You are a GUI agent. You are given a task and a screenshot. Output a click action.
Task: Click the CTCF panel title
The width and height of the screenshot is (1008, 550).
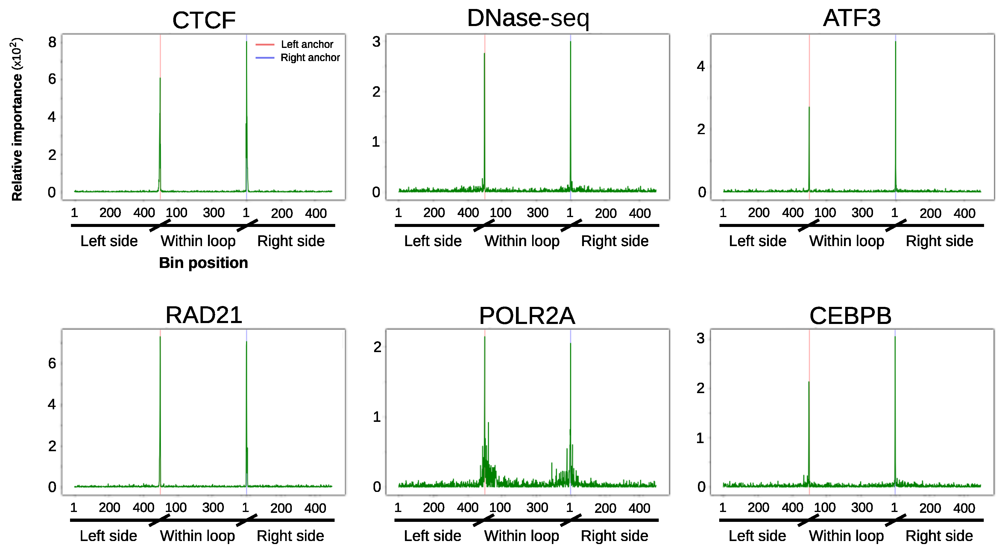coord(204,20)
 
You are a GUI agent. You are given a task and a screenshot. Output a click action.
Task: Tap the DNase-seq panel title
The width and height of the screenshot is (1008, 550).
coord(528,18)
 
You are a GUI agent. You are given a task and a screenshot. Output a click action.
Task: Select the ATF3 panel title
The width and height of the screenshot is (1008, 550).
coord(851,18)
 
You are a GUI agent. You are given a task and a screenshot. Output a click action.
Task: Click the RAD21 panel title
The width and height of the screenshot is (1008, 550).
coord(204,315)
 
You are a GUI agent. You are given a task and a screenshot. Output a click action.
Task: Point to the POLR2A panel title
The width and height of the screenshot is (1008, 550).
coord(527,316)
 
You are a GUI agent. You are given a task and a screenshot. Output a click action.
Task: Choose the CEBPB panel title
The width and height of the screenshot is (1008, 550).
coord(850,316)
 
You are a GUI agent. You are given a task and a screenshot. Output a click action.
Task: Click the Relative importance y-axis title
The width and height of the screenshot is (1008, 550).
coord(17,119)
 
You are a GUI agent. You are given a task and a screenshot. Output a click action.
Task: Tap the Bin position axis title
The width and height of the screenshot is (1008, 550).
coord(204,263)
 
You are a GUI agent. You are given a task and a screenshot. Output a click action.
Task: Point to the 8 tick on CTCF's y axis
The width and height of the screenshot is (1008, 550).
coord(52,42)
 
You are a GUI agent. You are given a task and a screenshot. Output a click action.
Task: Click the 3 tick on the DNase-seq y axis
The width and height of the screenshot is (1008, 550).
coord(376,42)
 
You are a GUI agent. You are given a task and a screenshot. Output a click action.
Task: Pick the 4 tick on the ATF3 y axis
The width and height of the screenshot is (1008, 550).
coord(701,66)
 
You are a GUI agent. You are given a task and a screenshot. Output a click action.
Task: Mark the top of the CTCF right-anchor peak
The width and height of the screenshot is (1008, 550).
coord(247,42)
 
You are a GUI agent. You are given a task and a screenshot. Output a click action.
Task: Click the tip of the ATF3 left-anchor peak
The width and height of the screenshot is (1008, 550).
coord(809,107)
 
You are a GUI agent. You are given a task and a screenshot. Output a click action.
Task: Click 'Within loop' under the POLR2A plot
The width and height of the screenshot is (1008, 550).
coord(522,536)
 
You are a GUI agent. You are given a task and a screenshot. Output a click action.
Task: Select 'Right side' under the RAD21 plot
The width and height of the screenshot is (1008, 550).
coord(290,536)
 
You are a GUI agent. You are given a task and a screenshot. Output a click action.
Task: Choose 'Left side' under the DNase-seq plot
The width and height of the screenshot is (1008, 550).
coord(433,241)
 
